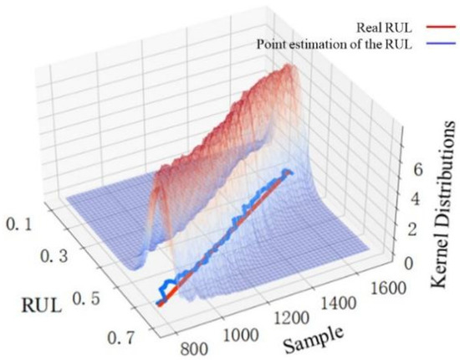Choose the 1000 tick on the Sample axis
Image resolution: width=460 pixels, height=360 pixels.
click(x=243, y=333)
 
